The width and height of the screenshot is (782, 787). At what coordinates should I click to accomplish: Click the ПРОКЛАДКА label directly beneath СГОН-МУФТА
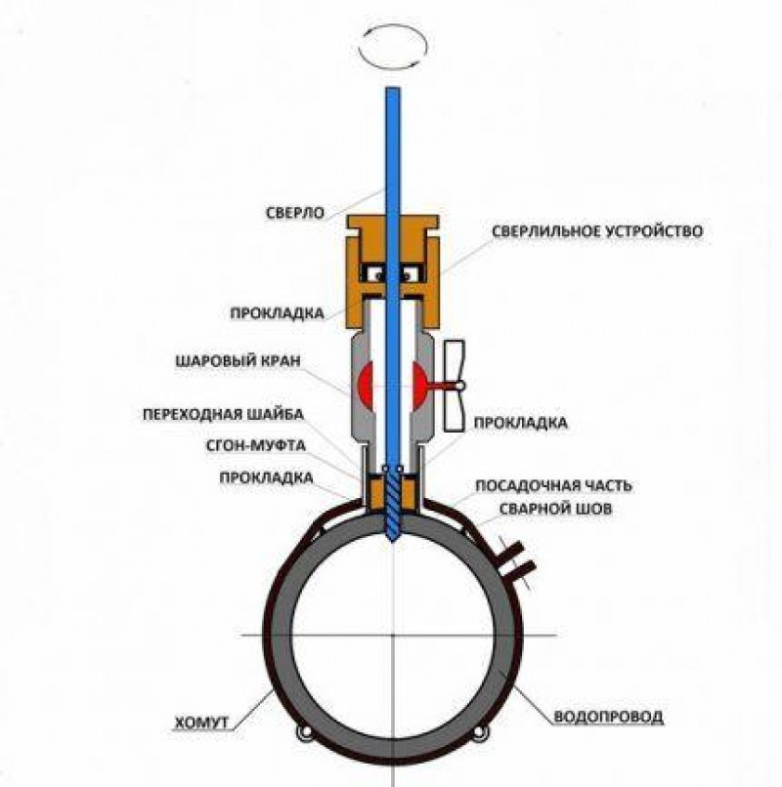(266, 478)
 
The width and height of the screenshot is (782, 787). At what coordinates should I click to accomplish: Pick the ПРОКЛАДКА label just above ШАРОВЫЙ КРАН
(276, 316)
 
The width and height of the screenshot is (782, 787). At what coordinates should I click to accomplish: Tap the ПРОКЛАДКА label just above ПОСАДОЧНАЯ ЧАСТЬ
(520, 424)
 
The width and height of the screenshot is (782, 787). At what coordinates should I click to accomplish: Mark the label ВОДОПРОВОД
(608, 717)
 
